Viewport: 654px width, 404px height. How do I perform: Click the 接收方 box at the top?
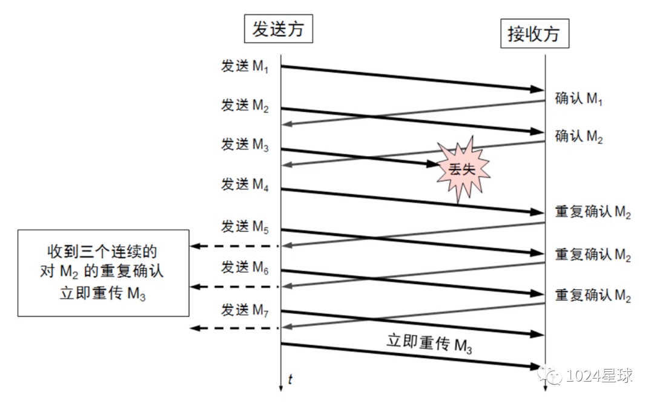coord(534,34)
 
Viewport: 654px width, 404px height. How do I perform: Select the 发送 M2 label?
coord(245,106)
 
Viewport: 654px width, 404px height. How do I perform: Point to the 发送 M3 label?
coord(245,146)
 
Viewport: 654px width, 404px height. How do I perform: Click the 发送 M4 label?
coord(245,185)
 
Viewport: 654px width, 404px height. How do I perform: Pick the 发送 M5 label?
coord(245,227)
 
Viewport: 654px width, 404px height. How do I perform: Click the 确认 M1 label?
coord(578,99)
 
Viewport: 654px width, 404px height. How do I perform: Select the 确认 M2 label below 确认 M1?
coord(578,137)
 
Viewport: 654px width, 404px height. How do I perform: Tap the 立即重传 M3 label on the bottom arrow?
coord(429,344)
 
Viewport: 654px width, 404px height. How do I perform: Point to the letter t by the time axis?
coord(291,380)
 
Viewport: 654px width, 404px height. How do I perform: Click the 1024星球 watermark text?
coord(598,376)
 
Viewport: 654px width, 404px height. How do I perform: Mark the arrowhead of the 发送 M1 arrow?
coord(538,90)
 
